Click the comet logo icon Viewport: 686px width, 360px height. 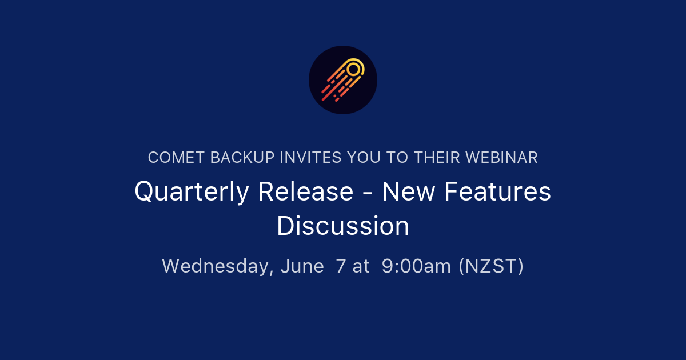(x=343, y=80)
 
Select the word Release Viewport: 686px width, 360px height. (x=305, y=191)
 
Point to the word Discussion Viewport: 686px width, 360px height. (x=343, y=226)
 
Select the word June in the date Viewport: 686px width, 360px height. (x=302, y=266)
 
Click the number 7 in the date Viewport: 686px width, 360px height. (x=341, y=266)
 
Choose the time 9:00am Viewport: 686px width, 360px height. (x=416, y=266)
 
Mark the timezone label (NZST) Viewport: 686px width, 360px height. (x=491, y=266)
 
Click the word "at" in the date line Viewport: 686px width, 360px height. (x=361, y=266)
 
